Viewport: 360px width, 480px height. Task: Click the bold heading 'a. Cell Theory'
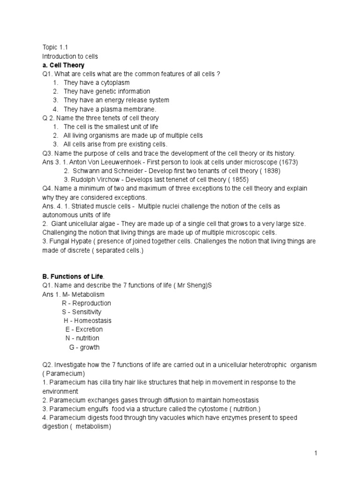(x=63, y=65)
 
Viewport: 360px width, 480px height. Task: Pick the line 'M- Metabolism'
(x=83, y=294)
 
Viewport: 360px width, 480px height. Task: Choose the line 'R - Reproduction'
(x=86, y=303)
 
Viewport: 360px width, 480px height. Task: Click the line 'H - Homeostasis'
(x=88, y=321)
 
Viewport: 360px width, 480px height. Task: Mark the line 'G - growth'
(x=84, y=347)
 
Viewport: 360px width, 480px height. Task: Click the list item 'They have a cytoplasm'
(x=97, y=82)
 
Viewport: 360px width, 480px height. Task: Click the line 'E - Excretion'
(x=84, y=330)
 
